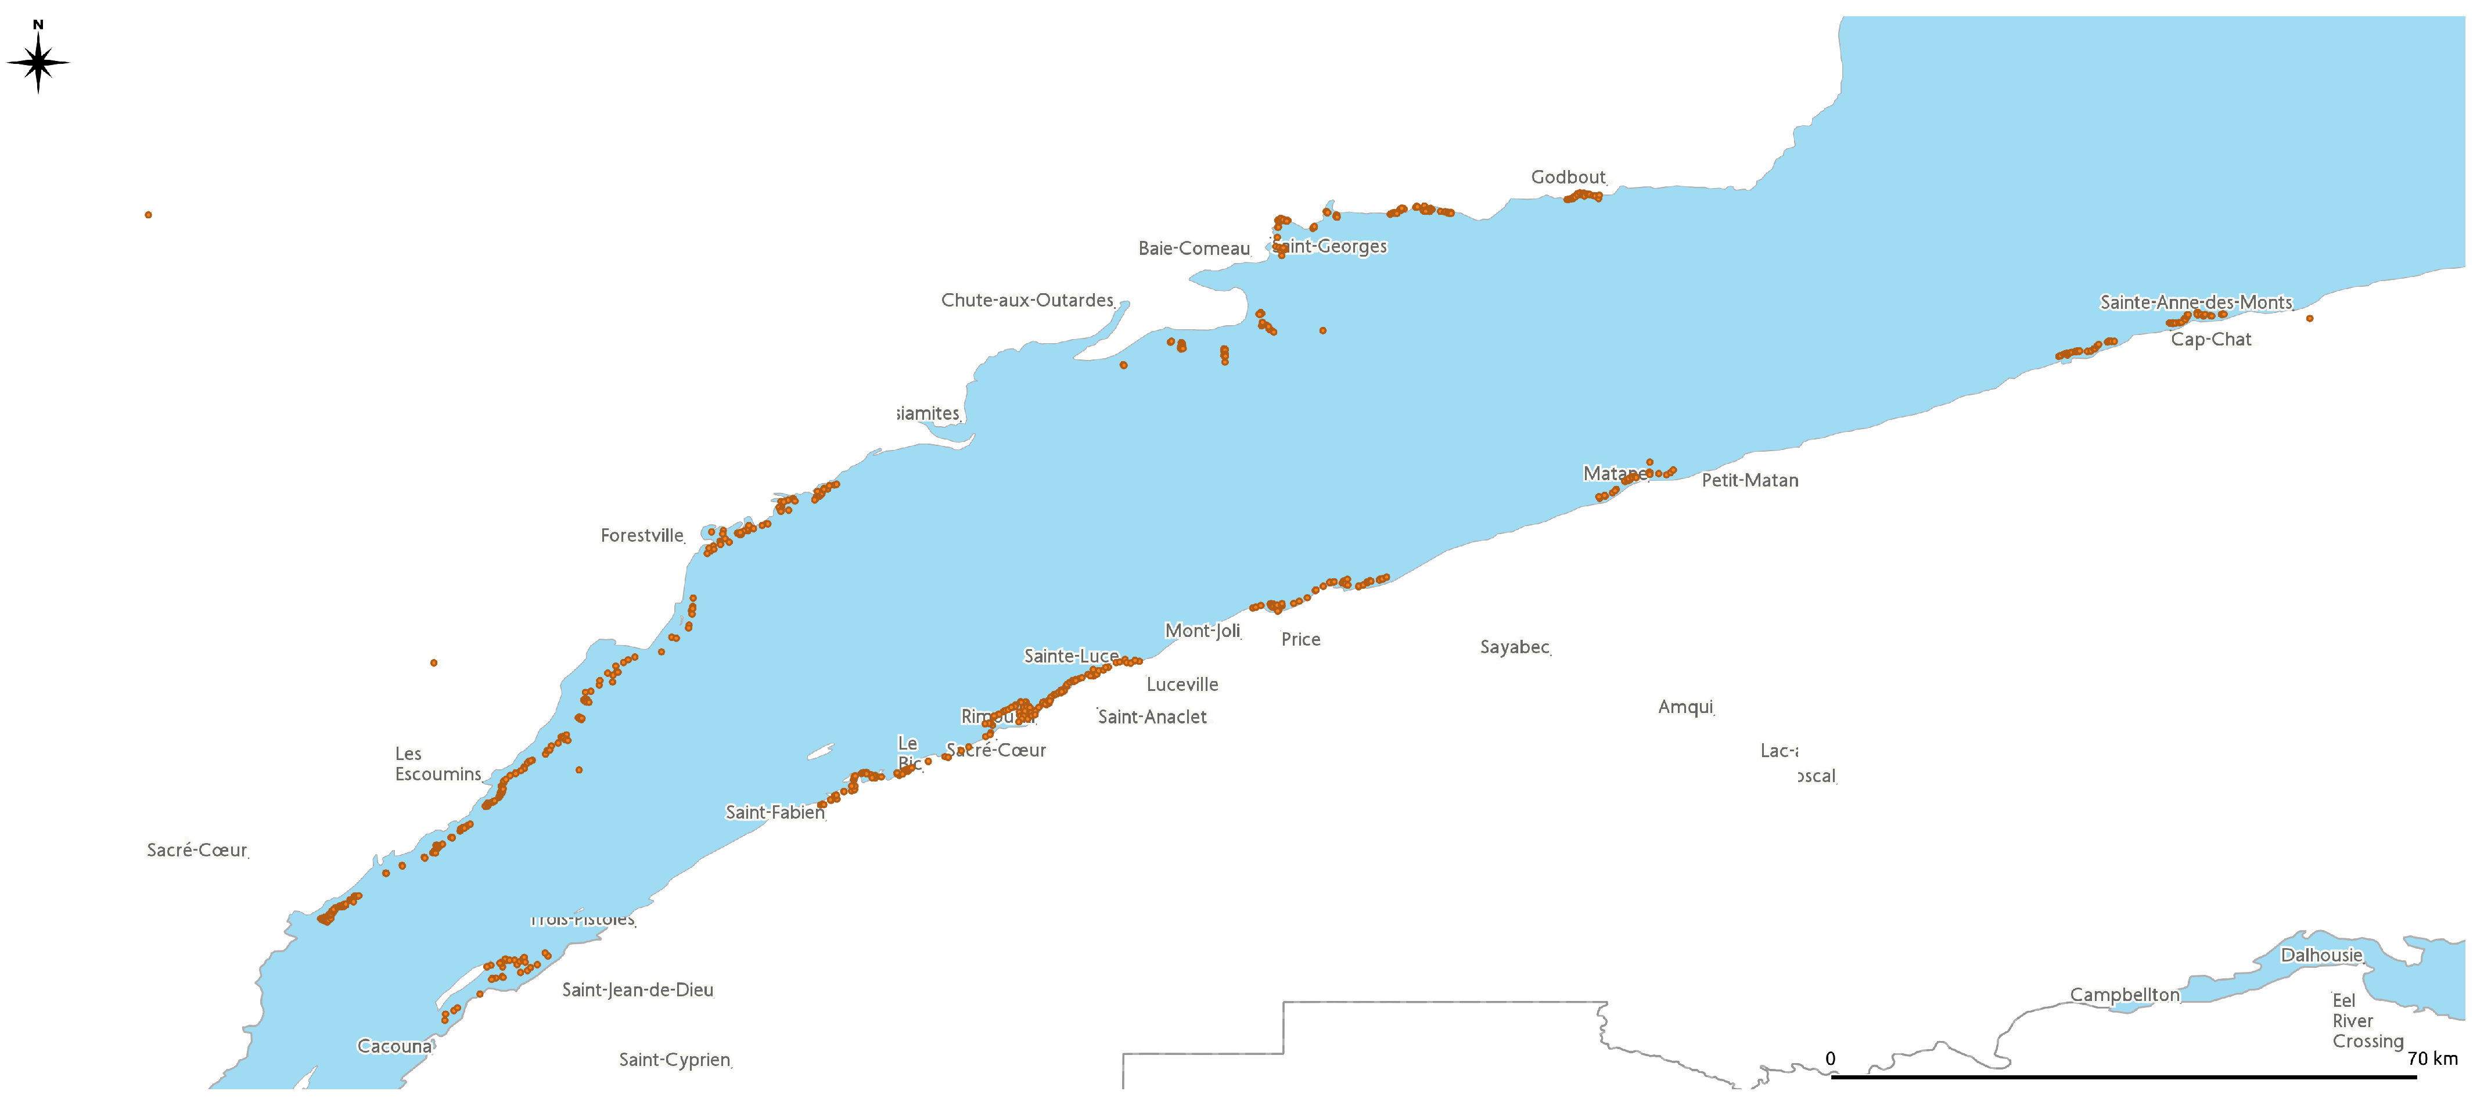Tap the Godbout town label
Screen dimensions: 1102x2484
coord(1568,178)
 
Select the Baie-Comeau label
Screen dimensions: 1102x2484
coord(1194,249)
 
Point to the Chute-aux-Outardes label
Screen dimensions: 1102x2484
coord(1027,301)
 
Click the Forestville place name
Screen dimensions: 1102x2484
coord(642,536)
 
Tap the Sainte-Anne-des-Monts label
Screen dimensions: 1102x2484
coord(2196,302)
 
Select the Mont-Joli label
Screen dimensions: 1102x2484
coord(1202,632)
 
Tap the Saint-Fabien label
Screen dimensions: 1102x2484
coord(774,813)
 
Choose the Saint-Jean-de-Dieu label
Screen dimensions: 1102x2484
coord(637,990)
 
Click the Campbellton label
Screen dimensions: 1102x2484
coord(2124,995)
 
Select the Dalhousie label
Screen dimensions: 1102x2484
coord(2321,956)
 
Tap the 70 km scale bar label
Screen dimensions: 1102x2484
coord(2432,1058)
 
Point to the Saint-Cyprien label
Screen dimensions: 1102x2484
coord(674,1061)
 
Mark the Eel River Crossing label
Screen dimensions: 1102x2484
coord(2367,1021)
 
